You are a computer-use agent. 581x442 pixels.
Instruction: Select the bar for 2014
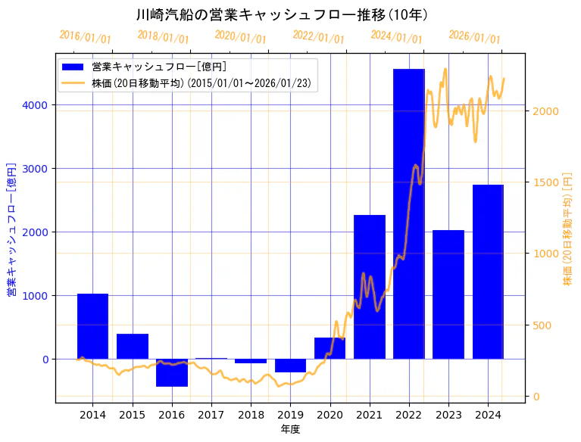pos(92,326)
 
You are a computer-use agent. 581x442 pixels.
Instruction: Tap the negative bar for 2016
pos(172,372)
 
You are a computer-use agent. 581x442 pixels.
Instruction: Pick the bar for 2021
pos(370,287)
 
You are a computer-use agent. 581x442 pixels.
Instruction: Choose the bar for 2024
pos(488,272)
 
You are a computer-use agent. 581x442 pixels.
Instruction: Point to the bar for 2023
pos(448,294)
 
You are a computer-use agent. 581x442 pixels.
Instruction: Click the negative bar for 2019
pos(290,366)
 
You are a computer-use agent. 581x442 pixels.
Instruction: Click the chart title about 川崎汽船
pos(283,14)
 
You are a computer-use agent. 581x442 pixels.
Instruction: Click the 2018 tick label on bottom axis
pos(251,415)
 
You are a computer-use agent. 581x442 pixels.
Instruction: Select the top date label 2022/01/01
pos(318,37)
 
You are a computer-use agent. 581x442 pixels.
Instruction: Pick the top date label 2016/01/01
pos(85,37)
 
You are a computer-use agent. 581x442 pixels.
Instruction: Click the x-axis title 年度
pos(290,429)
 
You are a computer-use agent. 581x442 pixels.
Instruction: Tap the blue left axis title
pos(11,229)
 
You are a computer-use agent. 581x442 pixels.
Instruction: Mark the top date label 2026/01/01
pos(474,37)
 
